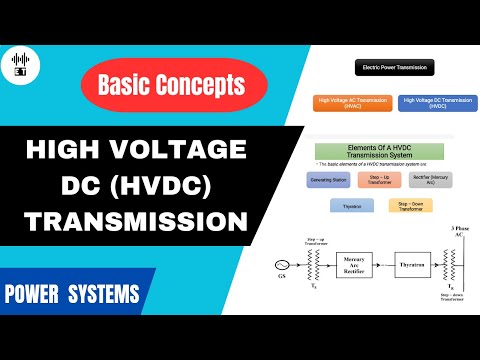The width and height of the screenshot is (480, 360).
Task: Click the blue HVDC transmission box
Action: coord(437,103)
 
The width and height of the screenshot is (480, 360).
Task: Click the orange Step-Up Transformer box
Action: coord(386,181)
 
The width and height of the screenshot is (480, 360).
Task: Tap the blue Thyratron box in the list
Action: coord(353,206)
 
